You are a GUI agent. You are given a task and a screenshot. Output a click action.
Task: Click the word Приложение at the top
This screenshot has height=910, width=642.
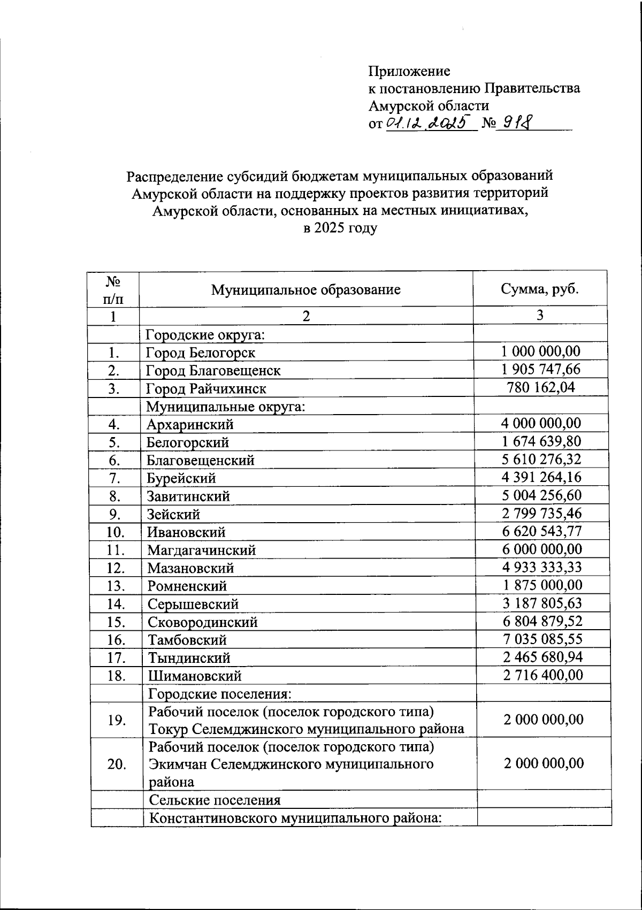tap(409, 71)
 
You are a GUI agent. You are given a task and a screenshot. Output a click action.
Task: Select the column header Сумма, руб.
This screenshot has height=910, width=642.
tap(540, 289)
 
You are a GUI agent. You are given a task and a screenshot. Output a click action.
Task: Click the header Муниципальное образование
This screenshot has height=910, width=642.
tap(305, 290)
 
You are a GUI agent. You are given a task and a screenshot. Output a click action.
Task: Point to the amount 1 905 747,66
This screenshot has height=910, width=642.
tap(541, 369)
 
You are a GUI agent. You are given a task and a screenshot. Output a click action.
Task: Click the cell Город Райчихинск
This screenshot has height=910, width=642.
tap(206, 388)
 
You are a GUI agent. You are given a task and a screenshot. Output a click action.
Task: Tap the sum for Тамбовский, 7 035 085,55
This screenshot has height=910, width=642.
tap(541, 639)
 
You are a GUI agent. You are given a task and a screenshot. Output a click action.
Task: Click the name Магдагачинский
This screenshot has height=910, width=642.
tap(201, 550)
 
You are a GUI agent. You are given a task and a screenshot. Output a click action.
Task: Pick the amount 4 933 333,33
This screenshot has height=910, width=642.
tap(541, 567)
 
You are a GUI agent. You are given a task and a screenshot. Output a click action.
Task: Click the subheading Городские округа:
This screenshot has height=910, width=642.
tap(206, 335)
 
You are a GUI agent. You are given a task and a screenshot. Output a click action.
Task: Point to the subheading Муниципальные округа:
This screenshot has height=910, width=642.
tap(226, 407)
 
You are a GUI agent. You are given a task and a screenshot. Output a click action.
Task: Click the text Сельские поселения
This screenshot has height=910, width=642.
tap(215, 800)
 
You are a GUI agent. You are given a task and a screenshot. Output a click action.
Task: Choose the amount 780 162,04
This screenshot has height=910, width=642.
tap(540, 387)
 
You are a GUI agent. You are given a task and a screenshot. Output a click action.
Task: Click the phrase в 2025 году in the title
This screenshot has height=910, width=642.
tap(340, 228)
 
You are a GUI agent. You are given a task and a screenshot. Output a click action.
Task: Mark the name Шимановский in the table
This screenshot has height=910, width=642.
tap(195, 676)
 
